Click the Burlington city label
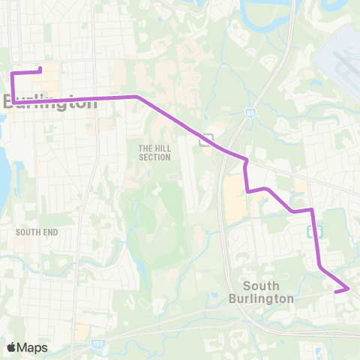[x=51, y=102]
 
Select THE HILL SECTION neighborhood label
[x=154, y=152]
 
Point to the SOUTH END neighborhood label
[x=37, y=232]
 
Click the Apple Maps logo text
[x=27, y=347]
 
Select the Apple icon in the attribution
[x=11, y=347]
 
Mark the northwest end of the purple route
[x=40, y=70]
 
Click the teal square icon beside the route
[x=316, y=232]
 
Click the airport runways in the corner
[x=342, y=56]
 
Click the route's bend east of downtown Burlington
[x=136, y=97]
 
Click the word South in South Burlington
[x=261, y=286]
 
